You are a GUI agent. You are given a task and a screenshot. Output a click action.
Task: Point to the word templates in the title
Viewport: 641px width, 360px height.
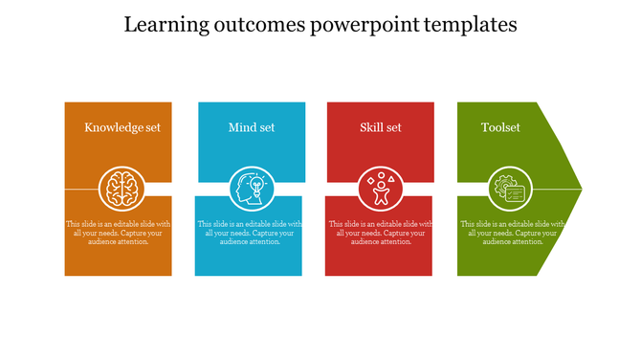click(470, 25)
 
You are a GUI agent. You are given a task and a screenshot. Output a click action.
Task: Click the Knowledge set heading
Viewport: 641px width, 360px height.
click(122, 127)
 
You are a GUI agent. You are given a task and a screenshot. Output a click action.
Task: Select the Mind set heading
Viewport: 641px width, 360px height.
click(252, 127)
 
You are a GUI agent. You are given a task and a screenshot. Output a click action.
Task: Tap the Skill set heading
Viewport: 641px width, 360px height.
click(381, 127)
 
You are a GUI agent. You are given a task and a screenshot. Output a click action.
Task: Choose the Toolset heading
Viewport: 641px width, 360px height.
click(500, 127)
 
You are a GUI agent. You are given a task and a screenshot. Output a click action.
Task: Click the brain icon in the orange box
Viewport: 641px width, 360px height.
click(122, 189)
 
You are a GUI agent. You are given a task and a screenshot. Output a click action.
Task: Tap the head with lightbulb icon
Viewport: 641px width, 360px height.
click(252, 189)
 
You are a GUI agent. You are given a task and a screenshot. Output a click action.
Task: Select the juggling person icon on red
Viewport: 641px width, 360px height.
click(381, 189)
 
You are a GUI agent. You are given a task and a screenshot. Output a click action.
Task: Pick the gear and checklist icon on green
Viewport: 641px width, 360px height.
click(508, 189)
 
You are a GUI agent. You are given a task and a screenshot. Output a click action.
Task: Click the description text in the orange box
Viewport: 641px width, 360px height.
click(119, 233)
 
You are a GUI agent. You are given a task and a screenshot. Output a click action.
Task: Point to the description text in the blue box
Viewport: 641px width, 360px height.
click(250, 233)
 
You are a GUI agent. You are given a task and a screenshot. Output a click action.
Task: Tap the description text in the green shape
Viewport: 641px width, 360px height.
click(512, 233)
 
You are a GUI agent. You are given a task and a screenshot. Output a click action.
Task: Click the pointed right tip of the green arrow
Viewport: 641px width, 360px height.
click(577, 189)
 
